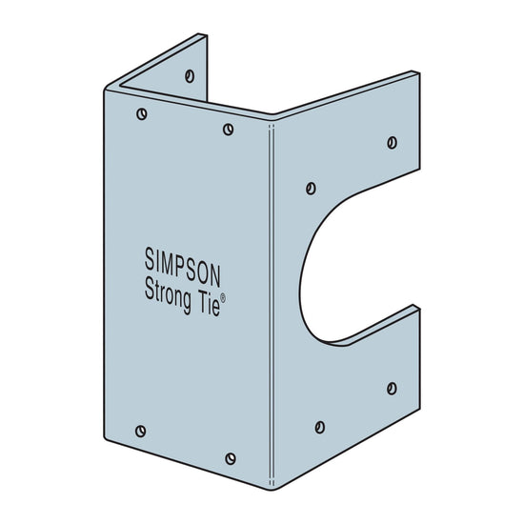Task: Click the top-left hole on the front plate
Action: pyautogui.click(x=142, y=114)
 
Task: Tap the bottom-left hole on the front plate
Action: pyautogui.click(x=141, y=431)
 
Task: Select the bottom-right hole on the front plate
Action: pyautogui.click(x=230, y=458)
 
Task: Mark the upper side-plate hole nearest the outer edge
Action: pyautogui.click(x=392, y=142)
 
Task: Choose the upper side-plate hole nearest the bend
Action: pyautogui.click(x=311, y=188)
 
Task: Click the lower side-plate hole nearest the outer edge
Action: pyautogui.click(x=392, y=388)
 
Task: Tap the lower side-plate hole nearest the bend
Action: pyautogui.click(x=320, y=426)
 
